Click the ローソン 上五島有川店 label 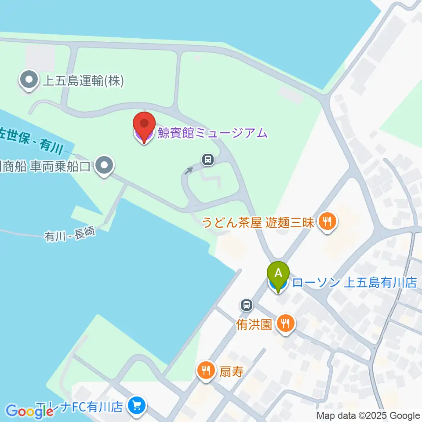click(354, 283)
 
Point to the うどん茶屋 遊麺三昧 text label click(258, 222)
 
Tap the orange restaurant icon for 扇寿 click(205, 371)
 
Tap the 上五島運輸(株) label click(83, 80)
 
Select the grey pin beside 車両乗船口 click(104, 166)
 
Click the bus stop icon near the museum click(208, 159)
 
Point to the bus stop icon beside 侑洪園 click(247, 304)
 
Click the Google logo click(29, 411)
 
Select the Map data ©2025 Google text click(368, 415)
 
